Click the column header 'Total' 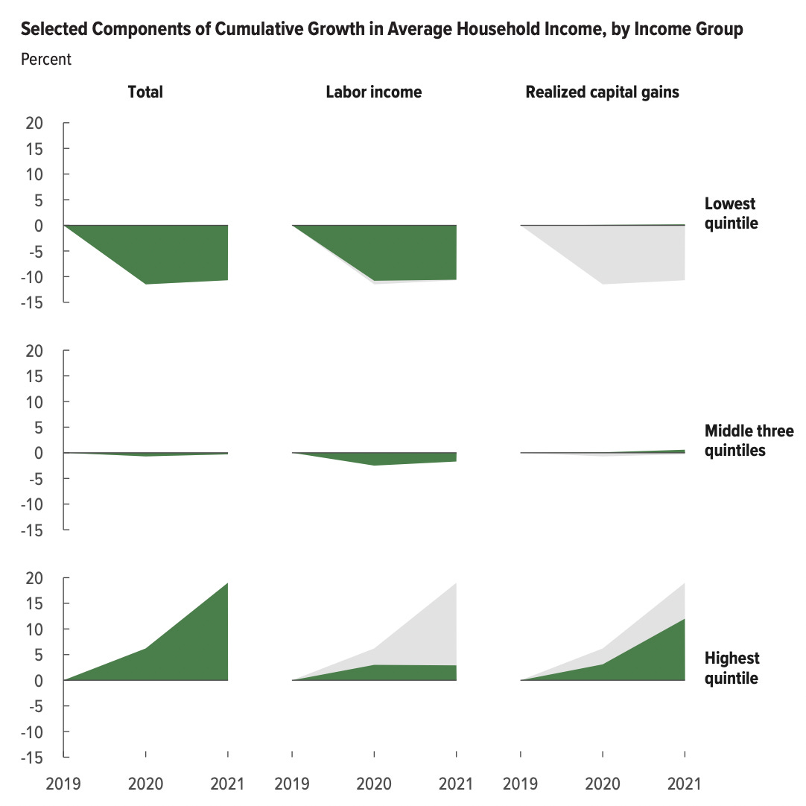145,92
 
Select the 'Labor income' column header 373,92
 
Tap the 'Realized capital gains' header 602,92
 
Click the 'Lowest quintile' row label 730,213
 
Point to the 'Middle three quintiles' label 749,440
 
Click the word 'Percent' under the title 46,60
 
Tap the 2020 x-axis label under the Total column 145,784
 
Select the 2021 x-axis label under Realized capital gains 685,784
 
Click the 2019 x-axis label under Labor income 291,784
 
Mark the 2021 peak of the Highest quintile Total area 226,583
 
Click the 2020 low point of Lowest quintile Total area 145,284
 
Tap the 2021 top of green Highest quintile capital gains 684,619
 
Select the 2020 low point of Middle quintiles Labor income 373,465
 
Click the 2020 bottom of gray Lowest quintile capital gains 602,284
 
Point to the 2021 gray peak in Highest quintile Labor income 455,583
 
